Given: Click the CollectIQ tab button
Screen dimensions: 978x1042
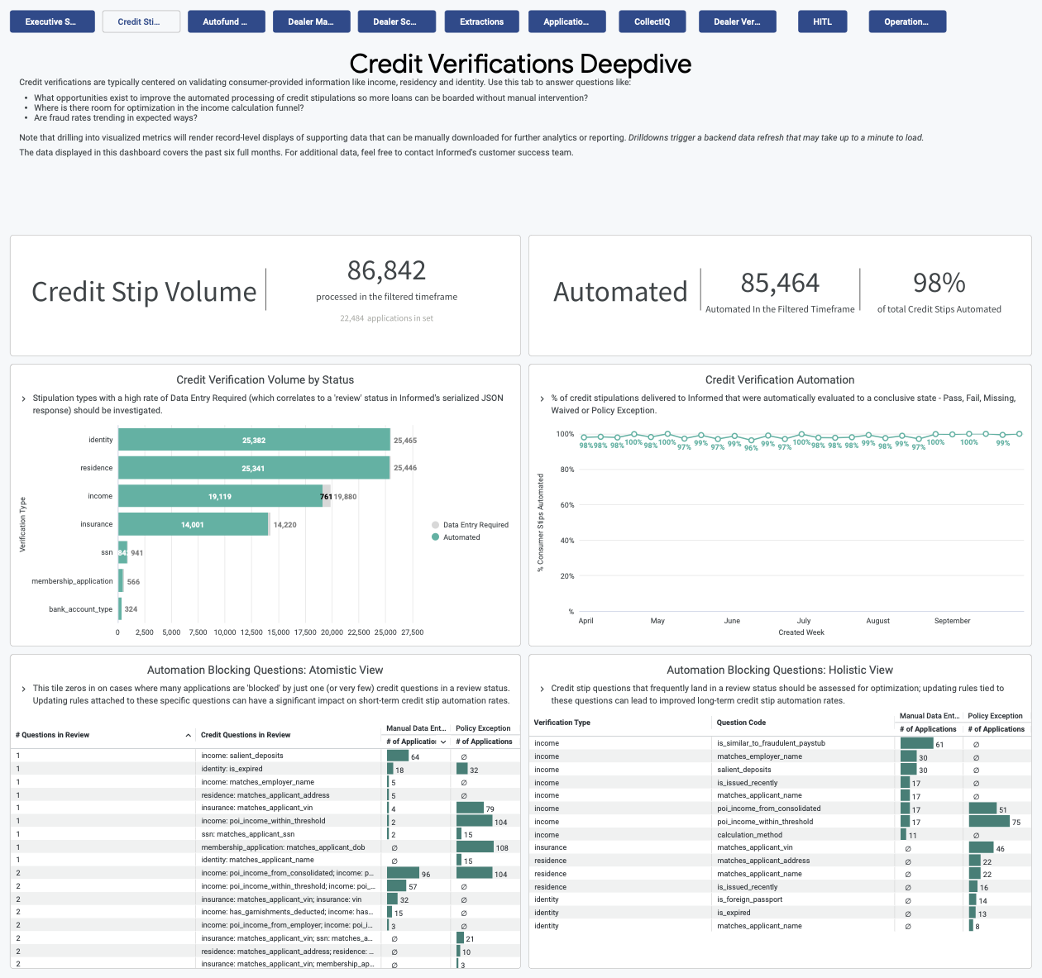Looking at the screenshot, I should click(x=652, y=21).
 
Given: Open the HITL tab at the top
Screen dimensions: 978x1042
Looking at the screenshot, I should click(x=822, y=21).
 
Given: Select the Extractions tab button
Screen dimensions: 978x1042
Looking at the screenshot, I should click(x=481, y=21).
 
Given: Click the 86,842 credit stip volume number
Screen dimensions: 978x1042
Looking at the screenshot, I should click(x=386, y=270).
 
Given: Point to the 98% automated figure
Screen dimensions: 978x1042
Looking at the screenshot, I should click(x=939, y=284).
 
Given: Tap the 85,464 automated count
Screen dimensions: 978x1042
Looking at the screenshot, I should click(x=779, y=284).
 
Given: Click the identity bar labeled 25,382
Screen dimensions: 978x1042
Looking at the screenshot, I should click(x=254, y=440).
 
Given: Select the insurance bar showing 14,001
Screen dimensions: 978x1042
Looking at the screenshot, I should click(x=193, y=524).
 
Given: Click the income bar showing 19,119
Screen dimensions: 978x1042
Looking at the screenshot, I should click(x=220, y=496).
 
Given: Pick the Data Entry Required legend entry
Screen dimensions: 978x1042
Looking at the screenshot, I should click(x=475, y=525).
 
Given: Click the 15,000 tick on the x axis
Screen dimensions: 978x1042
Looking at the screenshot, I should click(x=278, y=632).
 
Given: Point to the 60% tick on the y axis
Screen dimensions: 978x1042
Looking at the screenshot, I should click(x=566, y=505).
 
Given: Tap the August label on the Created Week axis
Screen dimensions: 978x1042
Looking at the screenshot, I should click(x=877, y=621).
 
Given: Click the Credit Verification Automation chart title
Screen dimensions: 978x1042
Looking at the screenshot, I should click(x=779, y=379).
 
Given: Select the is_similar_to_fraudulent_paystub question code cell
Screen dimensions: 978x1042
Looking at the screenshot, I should click(x=771, y=743).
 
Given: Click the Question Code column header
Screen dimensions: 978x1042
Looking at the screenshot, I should click(x=741, y=723).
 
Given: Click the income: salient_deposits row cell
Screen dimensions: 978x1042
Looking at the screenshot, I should click(x=242, y=756).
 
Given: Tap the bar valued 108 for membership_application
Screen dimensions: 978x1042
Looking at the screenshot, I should click(x=475, y=847).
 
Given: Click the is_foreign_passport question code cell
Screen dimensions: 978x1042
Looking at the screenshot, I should click(x=749, y=899).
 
